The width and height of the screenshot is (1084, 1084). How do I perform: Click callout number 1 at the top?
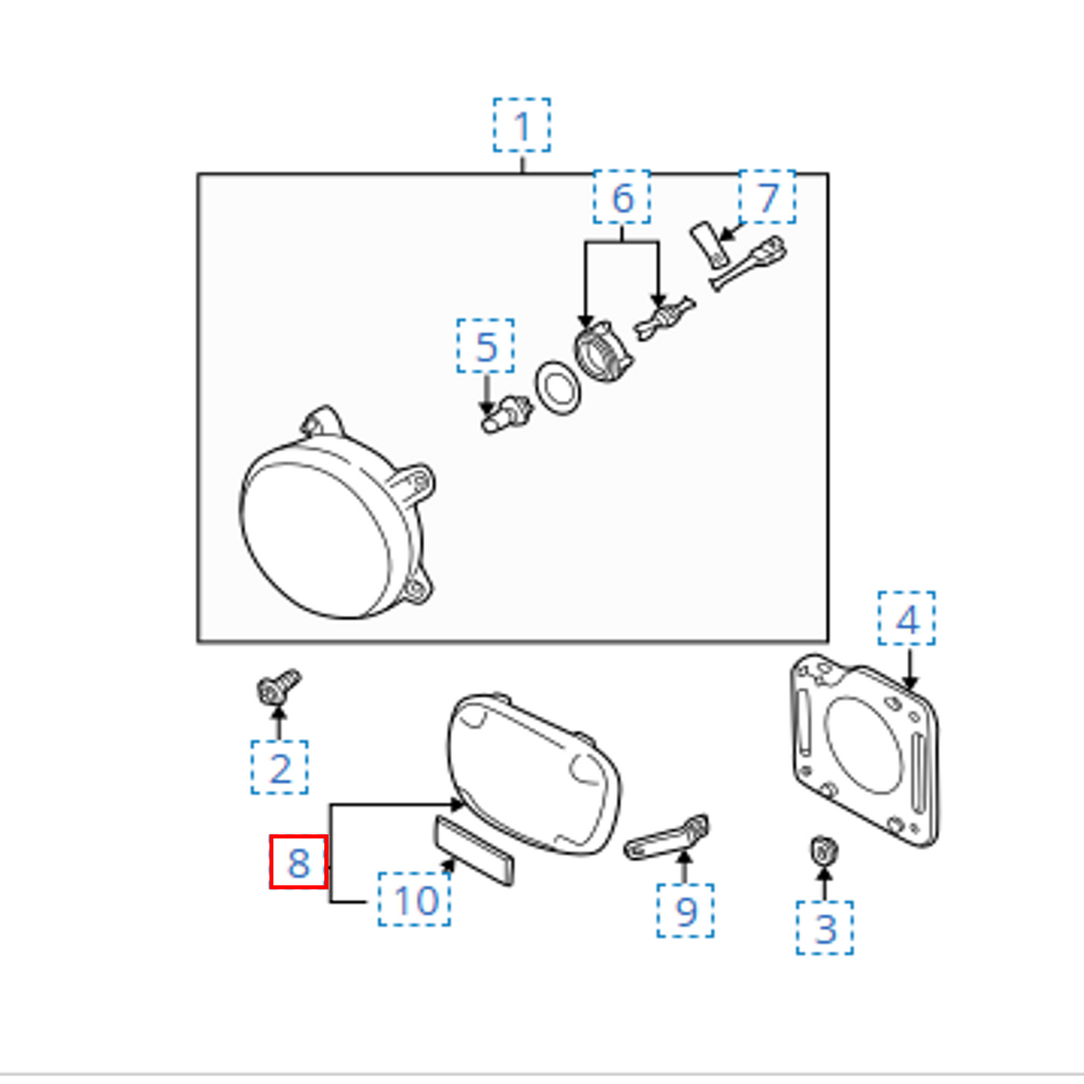(x=521, y=125)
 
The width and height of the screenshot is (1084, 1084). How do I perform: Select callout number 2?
(x=279, y=767)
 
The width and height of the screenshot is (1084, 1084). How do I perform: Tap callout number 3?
(x=824, y=928)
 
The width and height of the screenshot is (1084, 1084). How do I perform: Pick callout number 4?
(x=906, y=618)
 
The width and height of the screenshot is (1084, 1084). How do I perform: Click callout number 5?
(x=486, y=346)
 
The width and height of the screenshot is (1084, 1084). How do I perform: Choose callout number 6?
(x=621, y=196)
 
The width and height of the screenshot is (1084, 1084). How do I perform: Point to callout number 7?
(x=767, y=196)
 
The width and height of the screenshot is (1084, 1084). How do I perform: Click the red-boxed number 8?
(x=299, y=862)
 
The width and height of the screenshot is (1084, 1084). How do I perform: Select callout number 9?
(x=685, y=911)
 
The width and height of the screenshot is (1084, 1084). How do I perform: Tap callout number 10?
(x=414, y=899)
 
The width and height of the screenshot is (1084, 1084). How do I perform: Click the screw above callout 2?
(x=279, y=687)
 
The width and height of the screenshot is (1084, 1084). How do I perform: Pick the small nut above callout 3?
(x=824, y=851)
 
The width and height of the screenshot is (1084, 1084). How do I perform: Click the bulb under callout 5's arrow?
(x=505, y=414)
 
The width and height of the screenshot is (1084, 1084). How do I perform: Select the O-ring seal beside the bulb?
(x=558, y=388)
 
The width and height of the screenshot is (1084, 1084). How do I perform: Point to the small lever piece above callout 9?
(x=667, y=838)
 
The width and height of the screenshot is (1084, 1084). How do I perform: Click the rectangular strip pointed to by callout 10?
(x=474, y=852)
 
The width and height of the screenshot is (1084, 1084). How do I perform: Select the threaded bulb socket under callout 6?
(x=604, y=353)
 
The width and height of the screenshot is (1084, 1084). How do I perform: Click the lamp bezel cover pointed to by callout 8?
(x=533, y=776)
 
